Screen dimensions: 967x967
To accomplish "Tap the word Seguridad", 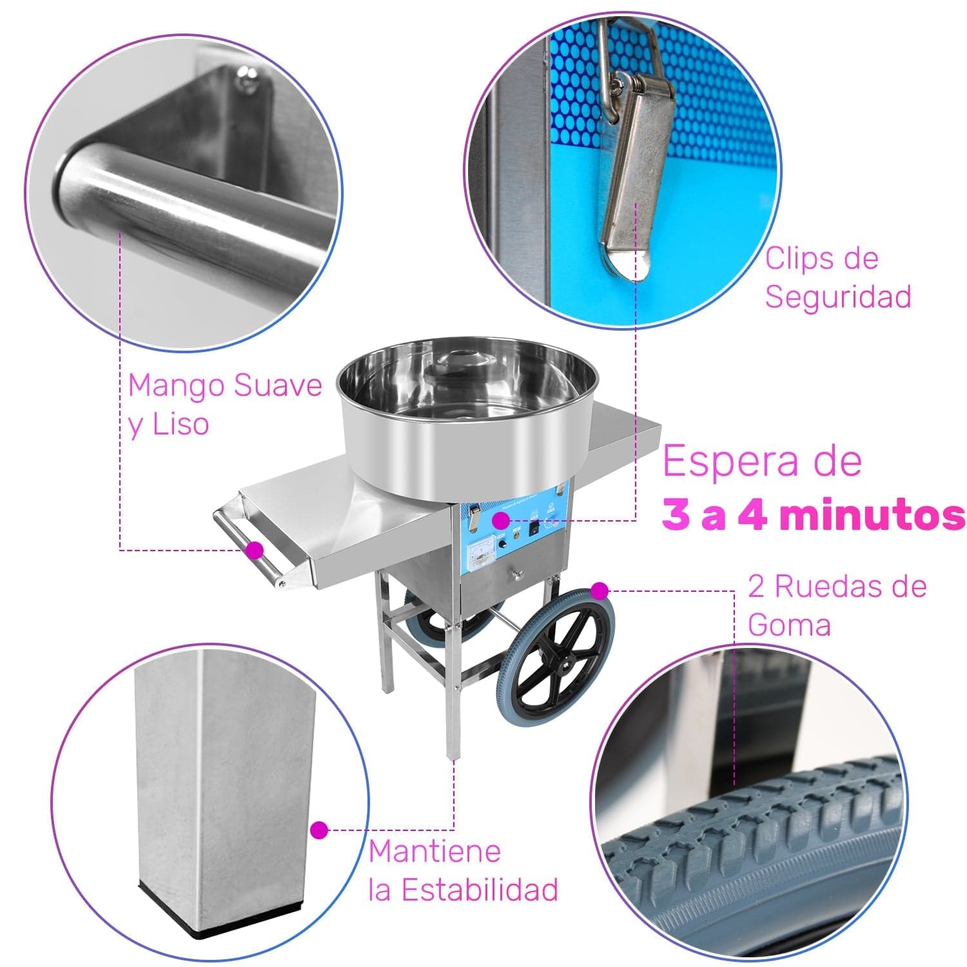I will point(838,297).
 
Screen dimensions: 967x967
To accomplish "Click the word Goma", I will point(789,625).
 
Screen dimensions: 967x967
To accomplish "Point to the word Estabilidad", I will point(480,890).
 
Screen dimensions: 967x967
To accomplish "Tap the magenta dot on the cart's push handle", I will point(255,550).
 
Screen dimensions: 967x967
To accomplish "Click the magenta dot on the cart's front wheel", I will point(600,590).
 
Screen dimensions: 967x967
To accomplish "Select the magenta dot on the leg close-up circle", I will point(319,830).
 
